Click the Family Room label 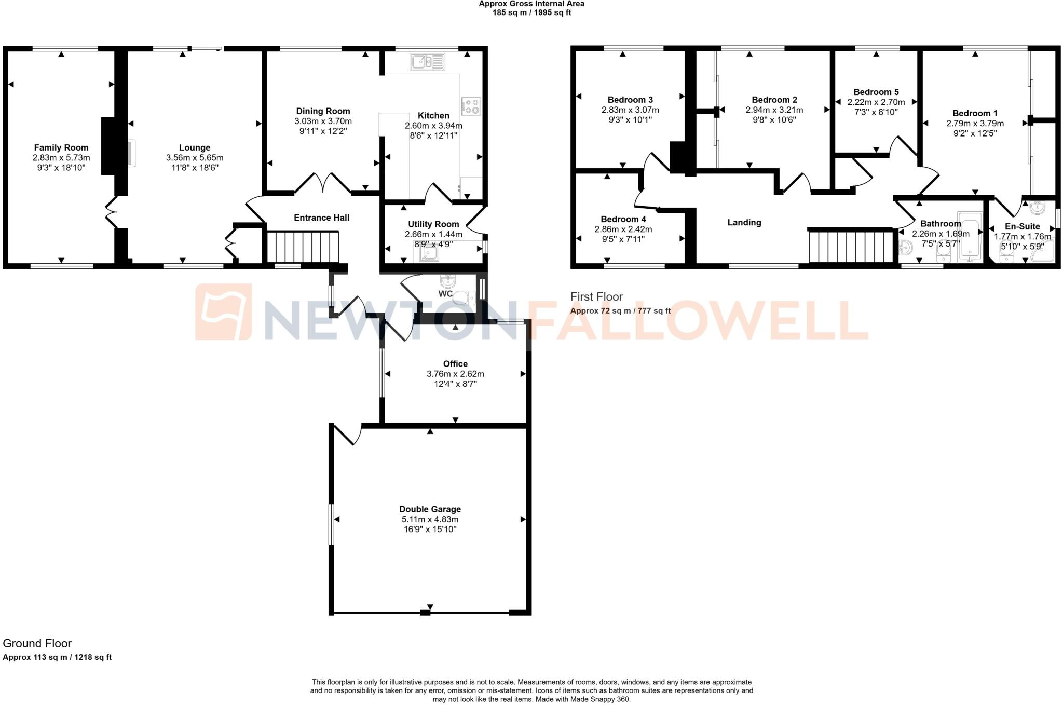(61, 147)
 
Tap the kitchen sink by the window (427, 62)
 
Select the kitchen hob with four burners (471, 106)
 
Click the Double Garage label (430, 509)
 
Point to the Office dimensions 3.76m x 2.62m (455, 374)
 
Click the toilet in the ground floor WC (464, 297)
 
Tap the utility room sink (427, 253)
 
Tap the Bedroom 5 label (876, 92)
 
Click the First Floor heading (596, 297)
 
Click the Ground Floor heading (37, 643)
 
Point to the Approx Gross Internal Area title (531, 4)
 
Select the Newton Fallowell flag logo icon (224, 312)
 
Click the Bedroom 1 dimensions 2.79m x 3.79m (975, 124)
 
